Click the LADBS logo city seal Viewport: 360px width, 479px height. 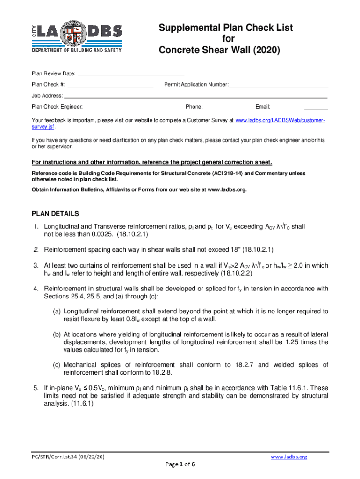click(77, 33)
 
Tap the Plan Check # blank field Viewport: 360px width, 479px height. click(110, 85)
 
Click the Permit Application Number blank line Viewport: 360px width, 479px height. click(278, 85)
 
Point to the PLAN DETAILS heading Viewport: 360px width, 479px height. click(55, 214)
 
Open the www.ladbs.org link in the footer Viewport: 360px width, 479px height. click(289, 457)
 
